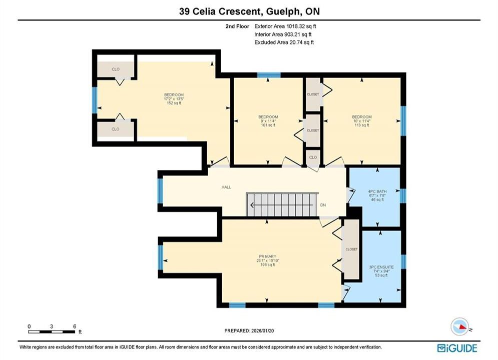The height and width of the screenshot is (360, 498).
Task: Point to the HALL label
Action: [226, 187]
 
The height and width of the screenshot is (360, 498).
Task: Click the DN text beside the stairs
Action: [323, 205]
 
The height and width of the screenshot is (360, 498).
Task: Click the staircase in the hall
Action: [282, 204]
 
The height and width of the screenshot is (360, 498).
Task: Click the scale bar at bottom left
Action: [52, 332]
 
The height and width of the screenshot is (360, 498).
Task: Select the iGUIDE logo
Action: [457, 348]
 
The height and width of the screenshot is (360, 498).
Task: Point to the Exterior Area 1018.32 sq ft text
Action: [285, 26]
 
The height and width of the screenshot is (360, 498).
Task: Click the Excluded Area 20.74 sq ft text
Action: [284, 42]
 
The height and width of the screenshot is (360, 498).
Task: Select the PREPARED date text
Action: [249, 330]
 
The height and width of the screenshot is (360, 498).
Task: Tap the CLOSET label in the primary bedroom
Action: [351, 249]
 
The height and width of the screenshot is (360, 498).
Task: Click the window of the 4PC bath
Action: [403, 195]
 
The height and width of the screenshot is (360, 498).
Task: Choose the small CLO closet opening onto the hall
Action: [313, 157]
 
